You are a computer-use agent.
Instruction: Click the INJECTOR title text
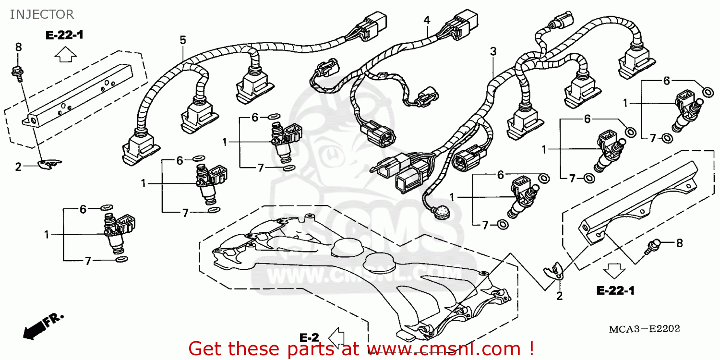(x=42, y=14)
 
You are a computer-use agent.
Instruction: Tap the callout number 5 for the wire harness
(x=183, y=40)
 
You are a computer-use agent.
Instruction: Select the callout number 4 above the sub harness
(x=427, y=20)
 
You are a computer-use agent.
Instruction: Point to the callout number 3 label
(x=493, y=51)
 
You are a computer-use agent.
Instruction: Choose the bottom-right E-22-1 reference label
(x=615, y=290)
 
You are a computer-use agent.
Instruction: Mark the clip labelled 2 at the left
(x=48, y=165)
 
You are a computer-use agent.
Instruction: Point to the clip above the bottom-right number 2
(x=553, y=271)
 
